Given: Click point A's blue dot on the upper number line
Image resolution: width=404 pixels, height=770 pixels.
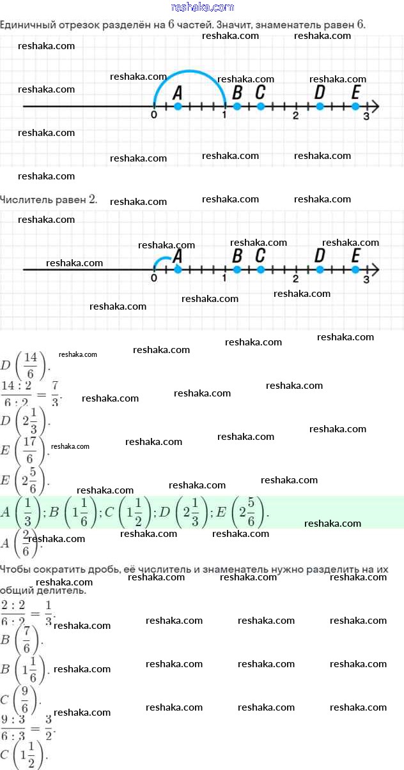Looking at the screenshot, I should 178,106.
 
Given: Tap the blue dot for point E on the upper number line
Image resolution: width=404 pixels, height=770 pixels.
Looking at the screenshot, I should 355,106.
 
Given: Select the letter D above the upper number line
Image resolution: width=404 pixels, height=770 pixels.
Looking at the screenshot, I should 320,93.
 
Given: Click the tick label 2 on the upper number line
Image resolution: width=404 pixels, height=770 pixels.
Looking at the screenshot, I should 295,116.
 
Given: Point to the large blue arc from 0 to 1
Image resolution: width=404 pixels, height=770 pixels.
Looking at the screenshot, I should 189,71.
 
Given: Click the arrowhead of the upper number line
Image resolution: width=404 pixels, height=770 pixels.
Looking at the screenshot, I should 375,106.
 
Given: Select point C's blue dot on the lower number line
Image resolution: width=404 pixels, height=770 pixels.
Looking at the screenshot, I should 260,269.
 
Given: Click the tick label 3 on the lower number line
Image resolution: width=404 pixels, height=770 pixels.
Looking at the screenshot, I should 366,279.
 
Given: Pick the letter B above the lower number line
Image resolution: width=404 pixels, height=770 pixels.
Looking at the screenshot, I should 237,255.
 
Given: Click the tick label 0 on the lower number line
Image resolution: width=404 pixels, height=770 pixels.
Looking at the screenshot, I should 154,279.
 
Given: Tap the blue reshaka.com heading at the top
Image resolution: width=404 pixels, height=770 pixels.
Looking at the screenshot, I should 203,7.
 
